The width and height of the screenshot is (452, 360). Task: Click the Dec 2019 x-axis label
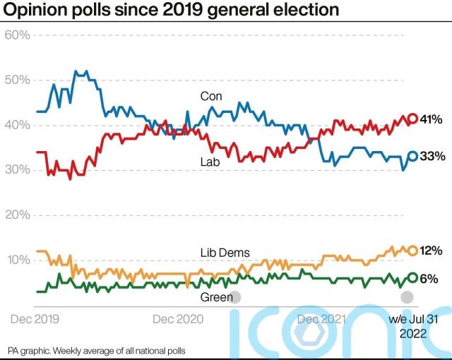pos(34,319)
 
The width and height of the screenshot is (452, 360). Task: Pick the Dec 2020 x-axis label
pos(177,319)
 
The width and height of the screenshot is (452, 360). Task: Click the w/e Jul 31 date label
pos(414,319)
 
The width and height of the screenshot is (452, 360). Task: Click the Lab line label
pos(209,162)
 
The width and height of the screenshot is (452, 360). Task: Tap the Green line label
pos(216,297)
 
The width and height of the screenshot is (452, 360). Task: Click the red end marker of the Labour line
pos(412,119)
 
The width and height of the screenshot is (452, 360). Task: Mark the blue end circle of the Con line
pos(412,156)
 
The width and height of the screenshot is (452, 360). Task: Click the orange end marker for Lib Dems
pos(412,250)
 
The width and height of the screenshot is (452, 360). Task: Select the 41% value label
pos(432,119)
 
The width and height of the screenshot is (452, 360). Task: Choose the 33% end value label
pos(432,156)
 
